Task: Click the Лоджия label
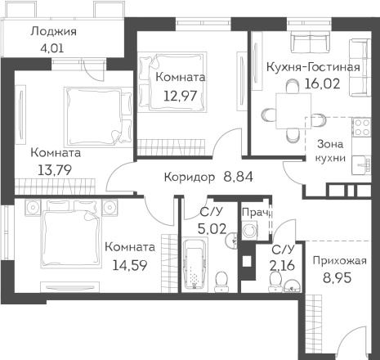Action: click(x=53, y=32)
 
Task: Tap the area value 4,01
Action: click(x=51, y=48)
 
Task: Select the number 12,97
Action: click(x=180, y=96)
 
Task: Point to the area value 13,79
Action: click(x=55, y=171)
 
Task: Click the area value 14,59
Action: click(x=130, y=265)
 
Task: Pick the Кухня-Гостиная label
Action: click(x=313, y=67)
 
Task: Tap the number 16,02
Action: click(x=322, y=83)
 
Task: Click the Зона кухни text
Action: click(x=330, y=151)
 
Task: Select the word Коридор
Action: click(x=190, y=178)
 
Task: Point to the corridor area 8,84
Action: click(x=238, y=177)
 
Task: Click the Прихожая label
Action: click(x=339, y=261)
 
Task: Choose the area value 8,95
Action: click(x=338, y=278)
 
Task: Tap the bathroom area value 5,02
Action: click(x=212, y=229)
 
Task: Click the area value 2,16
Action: click(x=282, y=265)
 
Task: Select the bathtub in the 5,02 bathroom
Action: click(x=194, y=264)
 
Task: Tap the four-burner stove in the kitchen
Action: click(x=361, y=128)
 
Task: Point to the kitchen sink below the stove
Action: click(x=362, y=164)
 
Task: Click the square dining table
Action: click(x=293, y=110)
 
